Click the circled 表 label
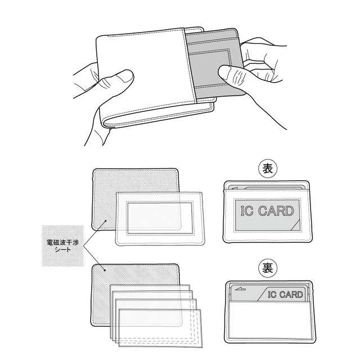point(268,169)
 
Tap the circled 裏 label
point(268,268)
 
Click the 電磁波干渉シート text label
point(62,246)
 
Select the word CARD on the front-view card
point(276,211)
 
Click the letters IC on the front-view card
point(247,211)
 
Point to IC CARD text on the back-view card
point(285,295)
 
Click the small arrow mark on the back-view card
point(240,289)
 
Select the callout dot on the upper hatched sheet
point(106,221)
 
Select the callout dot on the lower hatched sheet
point(105,270)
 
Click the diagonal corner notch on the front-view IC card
point(295,225)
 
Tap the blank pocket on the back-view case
point(270,319)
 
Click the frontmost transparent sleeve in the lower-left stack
point(160,328)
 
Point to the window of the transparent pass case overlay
point(160,218)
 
